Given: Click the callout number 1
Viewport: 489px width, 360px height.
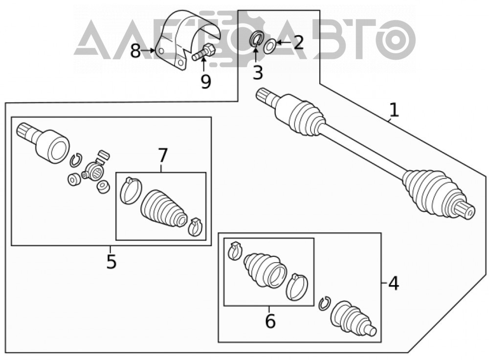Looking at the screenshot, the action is point(394,110).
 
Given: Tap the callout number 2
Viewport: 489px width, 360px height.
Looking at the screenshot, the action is point(298,43).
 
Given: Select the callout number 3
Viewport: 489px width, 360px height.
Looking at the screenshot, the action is point(258,72).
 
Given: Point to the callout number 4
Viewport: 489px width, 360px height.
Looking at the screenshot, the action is point(394,284).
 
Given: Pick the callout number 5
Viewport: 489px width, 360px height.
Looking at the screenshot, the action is point(111,261).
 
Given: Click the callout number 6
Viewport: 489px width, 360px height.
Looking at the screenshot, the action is point(270,321).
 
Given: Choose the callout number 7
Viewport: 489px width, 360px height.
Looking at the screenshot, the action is point(162,156).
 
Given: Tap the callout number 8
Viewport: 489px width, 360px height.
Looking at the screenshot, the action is point(135,51).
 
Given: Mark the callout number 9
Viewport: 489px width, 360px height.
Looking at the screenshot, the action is point(206,81).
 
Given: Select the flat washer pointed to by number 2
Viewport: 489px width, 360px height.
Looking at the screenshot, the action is point(269,45).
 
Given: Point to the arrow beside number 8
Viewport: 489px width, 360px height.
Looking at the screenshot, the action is point(148,50).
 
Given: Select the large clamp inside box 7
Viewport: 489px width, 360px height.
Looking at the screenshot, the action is point(131,191).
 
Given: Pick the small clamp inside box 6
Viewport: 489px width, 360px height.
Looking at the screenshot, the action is point(235,250).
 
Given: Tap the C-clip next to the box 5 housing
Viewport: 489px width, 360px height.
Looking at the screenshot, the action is point(75,160).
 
